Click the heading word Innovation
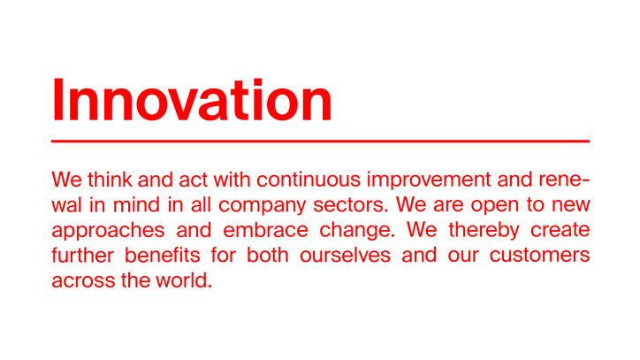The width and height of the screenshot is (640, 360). (x=192, y=100)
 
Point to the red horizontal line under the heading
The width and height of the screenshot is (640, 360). (x=320, y=142)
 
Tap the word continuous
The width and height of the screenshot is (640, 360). (x=309, y=180)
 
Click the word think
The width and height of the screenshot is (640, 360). (x=110, y=180)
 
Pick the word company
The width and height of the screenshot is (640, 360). (x=262, y=206)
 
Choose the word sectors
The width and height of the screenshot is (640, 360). (x=350, y=205)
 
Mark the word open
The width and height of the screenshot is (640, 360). (x=495, y=206)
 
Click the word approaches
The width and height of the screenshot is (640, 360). (x=108, y=232)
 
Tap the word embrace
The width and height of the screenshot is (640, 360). (x=265, y=231)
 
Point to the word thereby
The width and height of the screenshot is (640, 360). (x=484, y=232)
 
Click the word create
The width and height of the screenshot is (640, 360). (x=560, y=231)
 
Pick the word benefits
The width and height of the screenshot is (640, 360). (x=163, y=256)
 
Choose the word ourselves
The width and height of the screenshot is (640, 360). (x=345, y=256)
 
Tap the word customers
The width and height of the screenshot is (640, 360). (x=539, y=256)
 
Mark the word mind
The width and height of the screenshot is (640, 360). (x=136, y=205)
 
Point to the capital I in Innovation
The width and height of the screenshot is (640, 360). (x=57, y=100)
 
